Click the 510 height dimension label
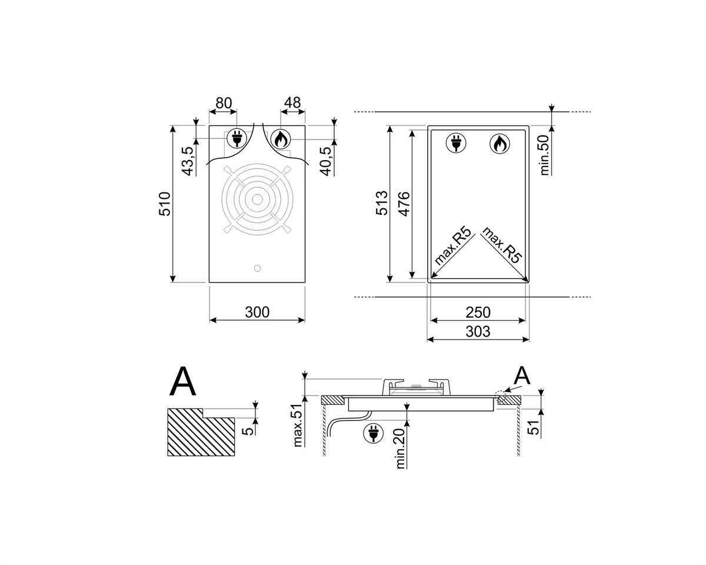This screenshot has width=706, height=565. (x=165, y=204)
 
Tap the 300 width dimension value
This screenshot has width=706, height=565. (x=257, y=312)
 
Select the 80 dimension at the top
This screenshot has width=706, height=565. (x=224, y=103)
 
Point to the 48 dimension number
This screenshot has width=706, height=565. (x=292, y=102)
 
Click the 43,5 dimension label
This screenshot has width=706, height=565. (x=188, y=161)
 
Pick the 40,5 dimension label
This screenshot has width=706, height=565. (x=326, y=161)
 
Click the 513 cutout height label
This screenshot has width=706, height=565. (x=382, y=203)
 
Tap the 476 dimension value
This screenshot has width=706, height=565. (x=404, y=204)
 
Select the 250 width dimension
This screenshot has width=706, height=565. (x=478, y=312)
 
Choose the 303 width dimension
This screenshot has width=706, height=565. (x=478, y=331)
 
